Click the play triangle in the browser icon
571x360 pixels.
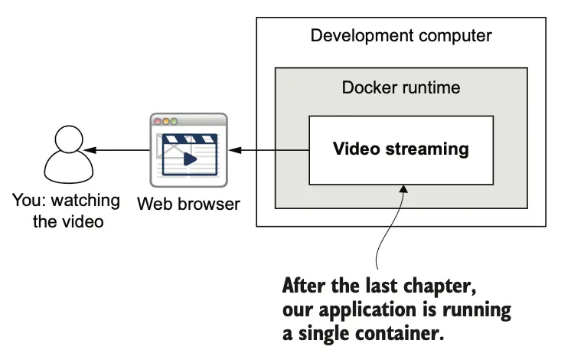189,159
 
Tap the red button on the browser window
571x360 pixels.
158,122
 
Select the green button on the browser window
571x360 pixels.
174,122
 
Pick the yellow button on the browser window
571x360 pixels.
165,122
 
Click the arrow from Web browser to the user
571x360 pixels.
115,150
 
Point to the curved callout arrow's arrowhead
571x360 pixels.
401,189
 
